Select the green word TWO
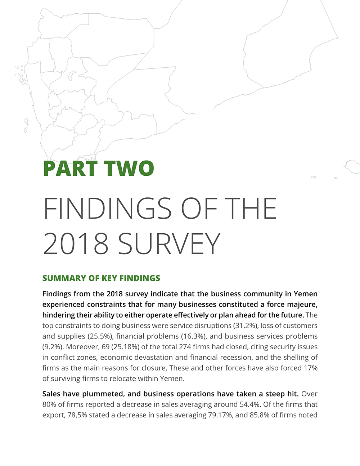click(x=129, y=168)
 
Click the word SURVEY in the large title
click(x=169, y=243)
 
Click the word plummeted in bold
click(x=103, y=394)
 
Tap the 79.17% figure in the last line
click(x=220, y=415)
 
